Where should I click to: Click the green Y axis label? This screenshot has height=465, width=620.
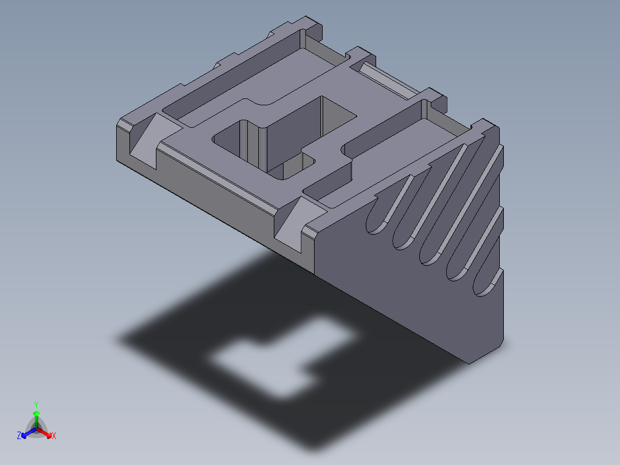coord(36,404)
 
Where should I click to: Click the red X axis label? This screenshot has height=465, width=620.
coord(54,436)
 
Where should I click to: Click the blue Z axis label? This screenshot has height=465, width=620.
coord(19,436)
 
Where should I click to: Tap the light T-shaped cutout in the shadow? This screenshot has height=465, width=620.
coord(276,357)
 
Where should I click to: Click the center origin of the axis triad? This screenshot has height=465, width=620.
coord(36,429)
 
